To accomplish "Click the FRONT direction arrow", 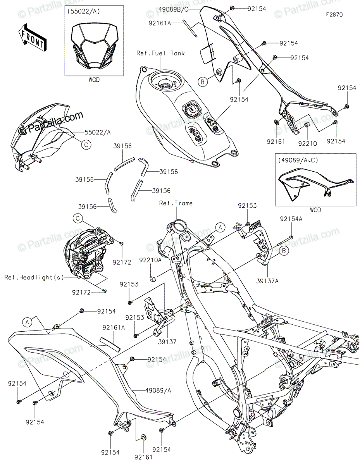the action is pyautogui.click(x=33, y=37).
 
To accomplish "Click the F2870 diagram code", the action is pyautogui.click(x=334, y=15).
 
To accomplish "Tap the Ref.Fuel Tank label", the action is pyautogui.click(x=160, y=53).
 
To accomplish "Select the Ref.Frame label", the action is pyautogui.click(x=176, y=203).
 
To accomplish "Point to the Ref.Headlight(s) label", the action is pyautogui.click(x=34, y=277).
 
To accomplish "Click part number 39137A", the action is pyautogui.click(x=267, y=281).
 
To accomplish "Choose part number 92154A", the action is pyautogui.click(x=291, y=219).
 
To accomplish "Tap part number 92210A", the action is pyautogui.click(x=150, y=260).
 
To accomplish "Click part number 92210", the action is pyautogui.click(x=308, y=144).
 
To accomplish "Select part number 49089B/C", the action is pyautogui.click(x=174, y=9).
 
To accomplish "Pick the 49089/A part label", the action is pyautogui.click(x=158, y=391).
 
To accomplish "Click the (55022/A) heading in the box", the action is pyautogui.click(x=84, y=12).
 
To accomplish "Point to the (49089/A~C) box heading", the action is pyautogui.click(x=298, y=160).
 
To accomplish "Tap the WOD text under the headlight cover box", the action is pyautogui.click(x=94, y=80).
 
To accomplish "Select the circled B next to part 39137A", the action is pyautogui.click(x=284, y=251).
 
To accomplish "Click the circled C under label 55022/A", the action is pyautogui.click(x=86, y=145).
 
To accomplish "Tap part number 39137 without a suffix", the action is pyautogui.click(x=167, y=342).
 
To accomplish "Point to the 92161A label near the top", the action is pyautogui.click(x=160, y=23).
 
